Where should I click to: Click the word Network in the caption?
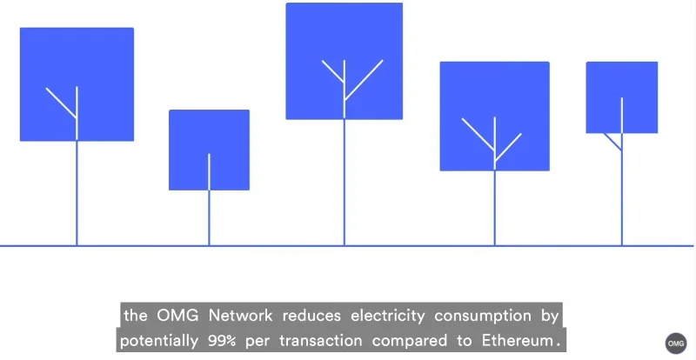pos(240,316)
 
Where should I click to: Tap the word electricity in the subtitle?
pos(387,317)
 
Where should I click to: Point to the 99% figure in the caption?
pos(222,341)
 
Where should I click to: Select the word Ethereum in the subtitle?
pos(516,341)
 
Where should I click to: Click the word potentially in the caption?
pos(158,342)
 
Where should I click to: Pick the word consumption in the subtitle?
pos(483,317)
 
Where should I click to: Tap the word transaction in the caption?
pos(320,341)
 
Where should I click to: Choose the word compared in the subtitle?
pos(409,342)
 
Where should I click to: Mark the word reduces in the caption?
pos(311,316)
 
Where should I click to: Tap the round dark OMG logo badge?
pos(676,343)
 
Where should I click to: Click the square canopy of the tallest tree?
pos(344,61)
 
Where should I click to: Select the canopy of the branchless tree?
pos(209,150)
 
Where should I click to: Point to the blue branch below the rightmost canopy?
pos(612,142)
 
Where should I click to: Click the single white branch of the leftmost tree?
pos(61,103)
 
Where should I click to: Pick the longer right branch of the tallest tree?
pos(364,80)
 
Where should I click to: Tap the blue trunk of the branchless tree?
pos(209,218)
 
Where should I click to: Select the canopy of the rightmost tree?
pos(622,97)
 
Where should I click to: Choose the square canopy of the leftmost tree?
pos(77,84)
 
